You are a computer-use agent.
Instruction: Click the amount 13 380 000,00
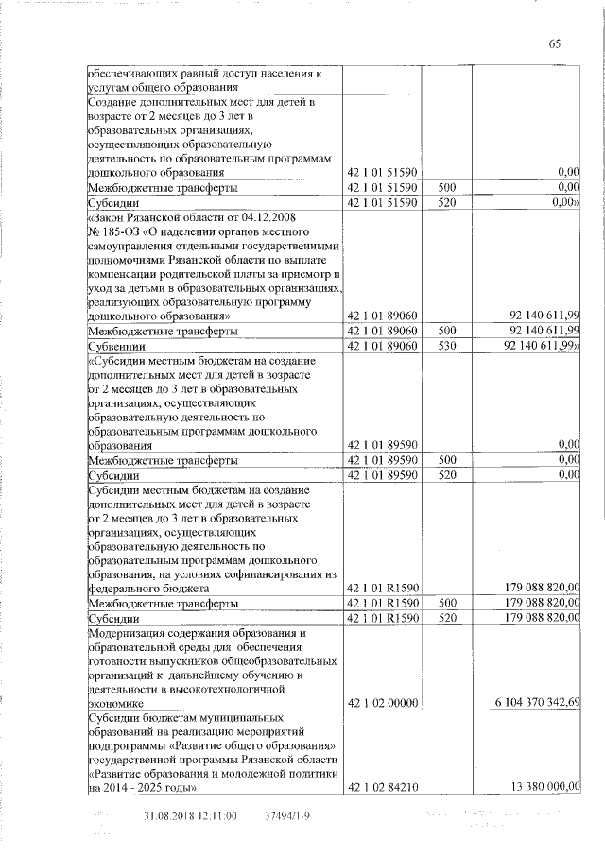coord(544,787)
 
